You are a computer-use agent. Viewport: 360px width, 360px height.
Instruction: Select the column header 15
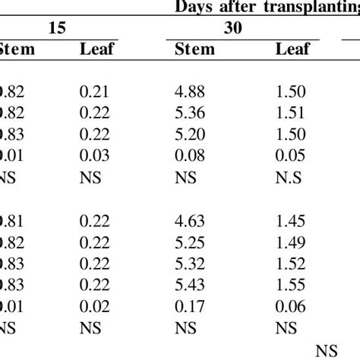click(x=57, y=29)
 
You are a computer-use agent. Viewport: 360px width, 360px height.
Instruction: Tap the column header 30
click(x=232, y=29)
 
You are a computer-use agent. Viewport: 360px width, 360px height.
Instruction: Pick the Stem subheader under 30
click(x=195, y=51)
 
